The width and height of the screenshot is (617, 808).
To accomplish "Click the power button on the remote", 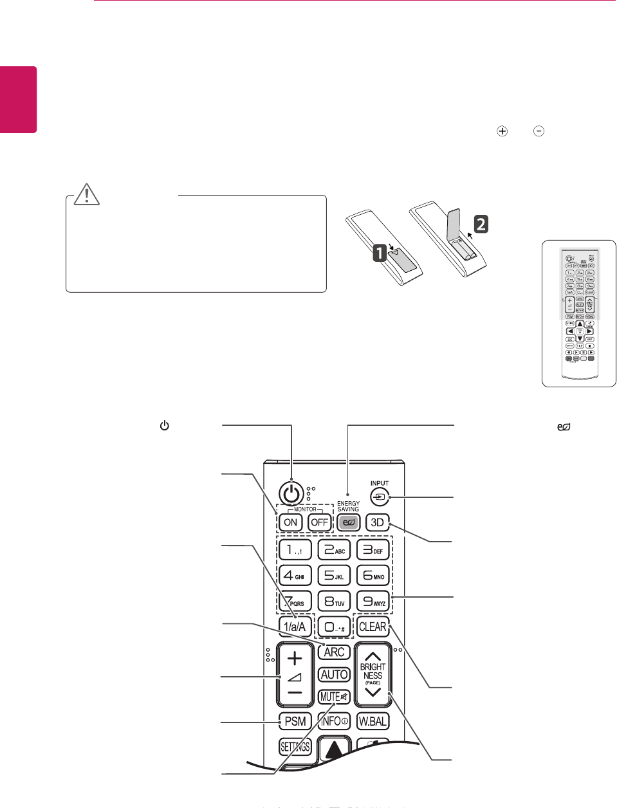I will [291, 494].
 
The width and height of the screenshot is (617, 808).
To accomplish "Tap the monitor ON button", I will [291, 522].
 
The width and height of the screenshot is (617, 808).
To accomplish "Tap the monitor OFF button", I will [320, 522].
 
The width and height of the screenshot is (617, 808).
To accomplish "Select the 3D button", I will [378, 522].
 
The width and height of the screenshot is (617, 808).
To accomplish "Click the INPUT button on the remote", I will [380, 497].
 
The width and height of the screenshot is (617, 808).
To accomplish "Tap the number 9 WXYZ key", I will [373, 601].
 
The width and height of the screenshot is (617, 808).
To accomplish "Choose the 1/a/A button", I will [295, 626].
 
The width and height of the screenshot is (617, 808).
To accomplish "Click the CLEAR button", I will [373, 626].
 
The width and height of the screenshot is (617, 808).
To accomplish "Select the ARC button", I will [334, 652].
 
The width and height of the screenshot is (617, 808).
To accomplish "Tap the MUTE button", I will [334, 697].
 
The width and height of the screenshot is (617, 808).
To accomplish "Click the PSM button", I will [295, 721].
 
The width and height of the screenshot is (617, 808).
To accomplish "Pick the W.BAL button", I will [373, 721].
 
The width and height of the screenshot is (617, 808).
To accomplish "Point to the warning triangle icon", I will [87, 194].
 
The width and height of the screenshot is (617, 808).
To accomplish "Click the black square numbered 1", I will [380, 253].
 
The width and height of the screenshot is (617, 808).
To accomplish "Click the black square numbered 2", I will [481, 225].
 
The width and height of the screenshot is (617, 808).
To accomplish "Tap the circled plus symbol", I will [502, 131].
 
